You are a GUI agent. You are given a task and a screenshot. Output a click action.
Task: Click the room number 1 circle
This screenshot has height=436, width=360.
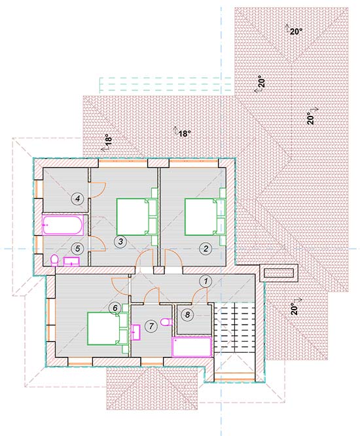click(x=206, y=281)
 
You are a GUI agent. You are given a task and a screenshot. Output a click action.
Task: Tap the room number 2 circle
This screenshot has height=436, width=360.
click(x=206, y=248)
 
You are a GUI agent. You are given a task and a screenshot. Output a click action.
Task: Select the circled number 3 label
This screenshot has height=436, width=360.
click(x=120, y=242)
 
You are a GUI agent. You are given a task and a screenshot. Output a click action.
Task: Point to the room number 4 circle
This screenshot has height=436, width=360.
click(x=77, y=198)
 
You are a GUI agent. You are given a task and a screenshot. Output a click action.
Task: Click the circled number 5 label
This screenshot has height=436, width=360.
click(x=77, y=248)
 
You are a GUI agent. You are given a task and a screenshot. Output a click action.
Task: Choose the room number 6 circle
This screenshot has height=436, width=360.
click(x=115, y=308)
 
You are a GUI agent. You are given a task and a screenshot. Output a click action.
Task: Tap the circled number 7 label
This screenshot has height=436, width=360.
click(x=151, y=325)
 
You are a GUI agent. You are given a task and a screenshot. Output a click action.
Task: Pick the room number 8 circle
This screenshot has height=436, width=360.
click(x=187, y=314)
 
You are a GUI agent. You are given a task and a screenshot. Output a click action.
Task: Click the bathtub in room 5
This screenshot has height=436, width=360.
click(x=63, y=225)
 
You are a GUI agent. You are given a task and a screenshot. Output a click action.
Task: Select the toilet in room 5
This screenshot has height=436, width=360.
click(x=54, y=261)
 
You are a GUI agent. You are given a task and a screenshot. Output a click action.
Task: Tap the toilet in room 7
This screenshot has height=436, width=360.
click(x=166, y=321)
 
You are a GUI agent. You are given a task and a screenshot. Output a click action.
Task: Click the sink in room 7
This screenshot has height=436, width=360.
click(x=135, y=332)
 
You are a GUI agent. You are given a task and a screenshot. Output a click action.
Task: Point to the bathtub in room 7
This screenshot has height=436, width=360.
click(x=192, y=346)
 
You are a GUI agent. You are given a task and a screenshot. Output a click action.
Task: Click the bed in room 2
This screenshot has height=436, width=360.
click(x=205, y=216)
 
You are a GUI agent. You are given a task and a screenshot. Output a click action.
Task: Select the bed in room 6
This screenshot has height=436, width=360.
click(x=107, y=329)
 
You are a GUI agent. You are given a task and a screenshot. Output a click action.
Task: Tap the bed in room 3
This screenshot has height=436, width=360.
click(x=137, y=216)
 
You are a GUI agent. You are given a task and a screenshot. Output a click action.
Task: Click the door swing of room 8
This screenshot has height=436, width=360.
click(x=200, y=295)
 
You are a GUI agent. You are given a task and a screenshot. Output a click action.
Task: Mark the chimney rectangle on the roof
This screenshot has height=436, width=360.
click(x=279, y=273)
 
